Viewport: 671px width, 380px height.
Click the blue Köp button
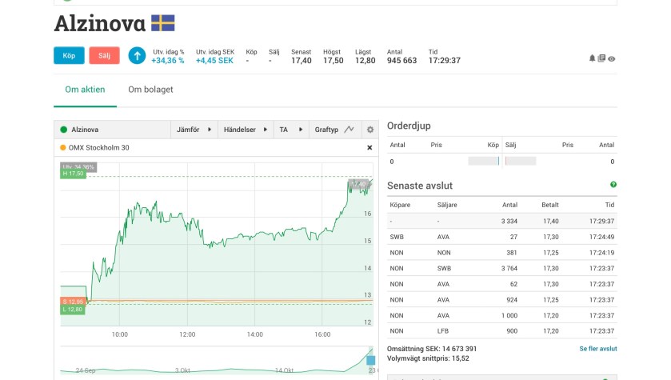click(69, 55)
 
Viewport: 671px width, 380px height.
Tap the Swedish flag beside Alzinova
click(163, 23)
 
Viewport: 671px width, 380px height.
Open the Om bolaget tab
click(150, 90)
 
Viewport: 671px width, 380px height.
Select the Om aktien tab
click(85, 90)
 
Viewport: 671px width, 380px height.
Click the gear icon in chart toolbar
click(369, 130)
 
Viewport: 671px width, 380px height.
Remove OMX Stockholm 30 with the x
click(369, 147)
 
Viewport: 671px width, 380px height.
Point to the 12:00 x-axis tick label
click(187, 334)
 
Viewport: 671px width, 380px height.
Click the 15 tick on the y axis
click(367, 241)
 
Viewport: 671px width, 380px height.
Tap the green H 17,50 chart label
click(73, 174)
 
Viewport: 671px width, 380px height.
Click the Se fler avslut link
click(597, 349)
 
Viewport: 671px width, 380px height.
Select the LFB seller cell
click(444, 330)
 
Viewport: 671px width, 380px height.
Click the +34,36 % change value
click(168, 60)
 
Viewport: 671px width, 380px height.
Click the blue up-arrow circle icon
click(137, 55)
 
